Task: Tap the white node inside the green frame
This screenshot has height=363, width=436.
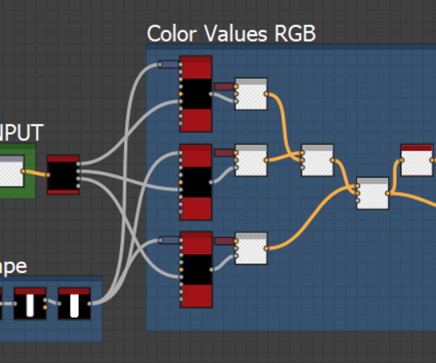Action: (x=10, y=174)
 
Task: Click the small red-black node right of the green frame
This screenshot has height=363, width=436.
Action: (x=63, y=174)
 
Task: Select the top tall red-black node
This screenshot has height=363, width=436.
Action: (x=195, y=94)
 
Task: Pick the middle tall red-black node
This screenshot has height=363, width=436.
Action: (x=195, y=181)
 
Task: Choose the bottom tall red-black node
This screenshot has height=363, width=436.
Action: (x=195, y=269)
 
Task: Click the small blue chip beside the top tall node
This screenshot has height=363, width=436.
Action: (x=169, y=65)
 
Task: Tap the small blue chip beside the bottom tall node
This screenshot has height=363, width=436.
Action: (x=169, y=240)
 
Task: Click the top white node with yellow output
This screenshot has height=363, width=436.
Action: (x=251, y=94)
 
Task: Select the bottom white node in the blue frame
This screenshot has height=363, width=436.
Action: (x=251, y=248)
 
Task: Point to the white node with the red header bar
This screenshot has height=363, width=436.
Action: (x=416, y=160)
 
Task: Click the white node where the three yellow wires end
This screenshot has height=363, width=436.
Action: (x=372, y=193)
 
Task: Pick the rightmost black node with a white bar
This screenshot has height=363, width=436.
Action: (x=74, y=303)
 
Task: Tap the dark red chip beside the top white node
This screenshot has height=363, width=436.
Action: (x=225, y=87)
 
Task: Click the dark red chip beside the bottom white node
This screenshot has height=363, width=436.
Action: (x=225, y=240)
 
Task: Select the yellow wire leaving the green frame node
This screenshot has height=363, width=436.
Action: (x=36, y=173)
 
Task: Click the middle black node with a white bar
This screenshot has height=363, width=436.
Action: (x=30, y=303)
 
